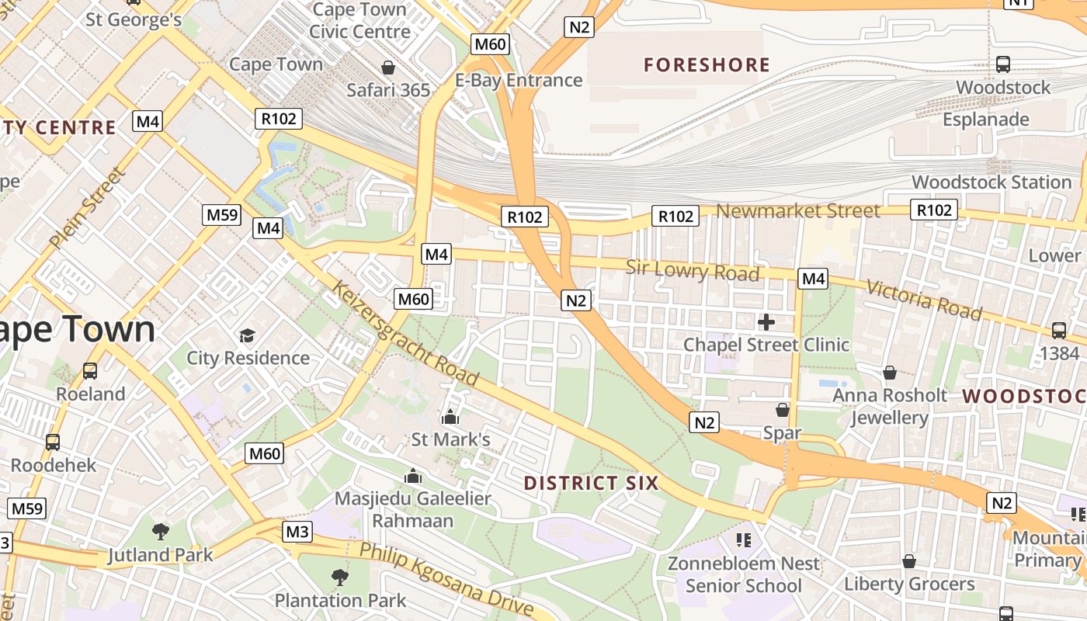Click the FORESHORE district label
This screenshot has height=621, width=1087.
click(x=707, y=64)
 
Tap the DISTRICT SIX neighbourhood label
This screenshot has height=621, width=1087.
click(x=591, y=483)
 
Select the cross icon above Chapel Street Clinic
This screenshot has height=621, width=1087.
click(x=766, y=321)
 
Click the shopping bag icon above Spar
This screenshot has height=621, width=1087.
click(x=783, y=409)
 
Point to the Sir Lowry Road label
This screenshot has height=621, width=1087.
click(x=693, y=270)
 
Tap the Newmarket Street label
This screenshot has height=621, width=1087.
click(x=798, y=210)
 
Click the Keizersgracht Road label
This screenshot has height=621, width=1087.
click(x=405, y=334)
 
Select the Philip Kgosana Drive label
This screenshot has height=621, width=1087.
click(x=446, y=579)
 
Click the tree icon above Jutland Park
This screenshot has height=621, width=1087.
click(x=161, y=532)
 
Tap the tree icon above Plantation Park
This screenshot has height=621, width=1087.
click(x=339, y=577)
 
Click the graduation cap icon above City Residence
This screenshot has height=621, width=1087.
click(x=247, y=335)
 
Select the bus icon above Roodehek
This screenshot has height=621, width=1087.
click(x=53, y=442)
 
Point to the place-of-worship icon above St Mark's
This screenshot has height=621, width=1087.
click(x=450, y=418)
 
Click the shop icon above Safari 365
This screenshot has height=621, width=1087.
click(x=388, y=68)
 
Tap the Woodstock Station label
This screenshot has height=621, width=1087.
click(x=991, y=182)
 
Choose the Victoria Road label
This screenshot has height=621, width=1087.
click(x=923, y=299)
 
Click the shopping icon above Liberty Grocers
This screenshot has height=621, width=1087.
click(x=909, y=561)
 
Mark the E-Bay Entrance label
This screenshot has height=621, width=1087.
click(x=519, y=80)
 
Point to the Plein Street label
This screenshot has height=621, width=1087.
click(x=86, y=207)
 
